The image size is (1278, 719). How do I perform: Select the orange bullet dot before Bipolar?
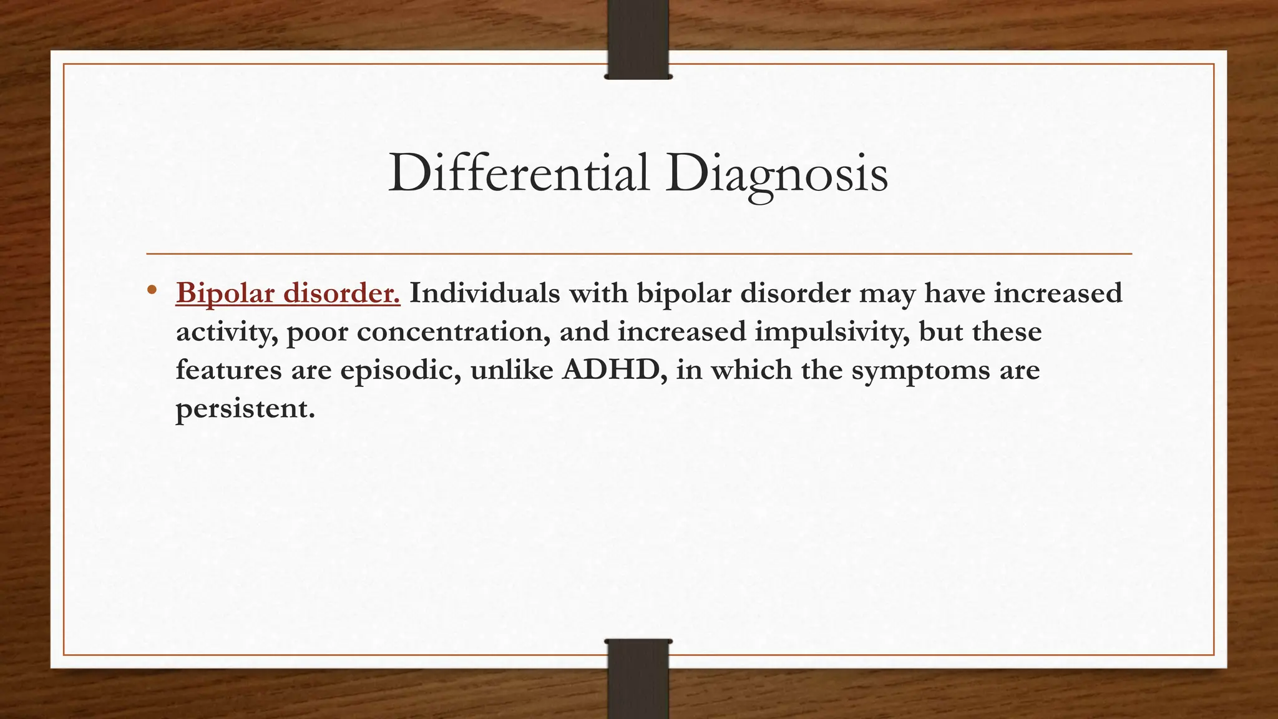(152, 290)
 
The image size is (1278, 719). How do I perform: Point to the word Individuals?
(484, 293)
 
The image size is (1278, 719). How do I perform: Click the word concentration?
(454, 331)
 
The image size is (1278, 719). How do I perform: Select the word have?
(954, 293)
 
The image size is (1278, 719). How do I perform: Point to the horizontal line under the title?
(639, 254)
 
